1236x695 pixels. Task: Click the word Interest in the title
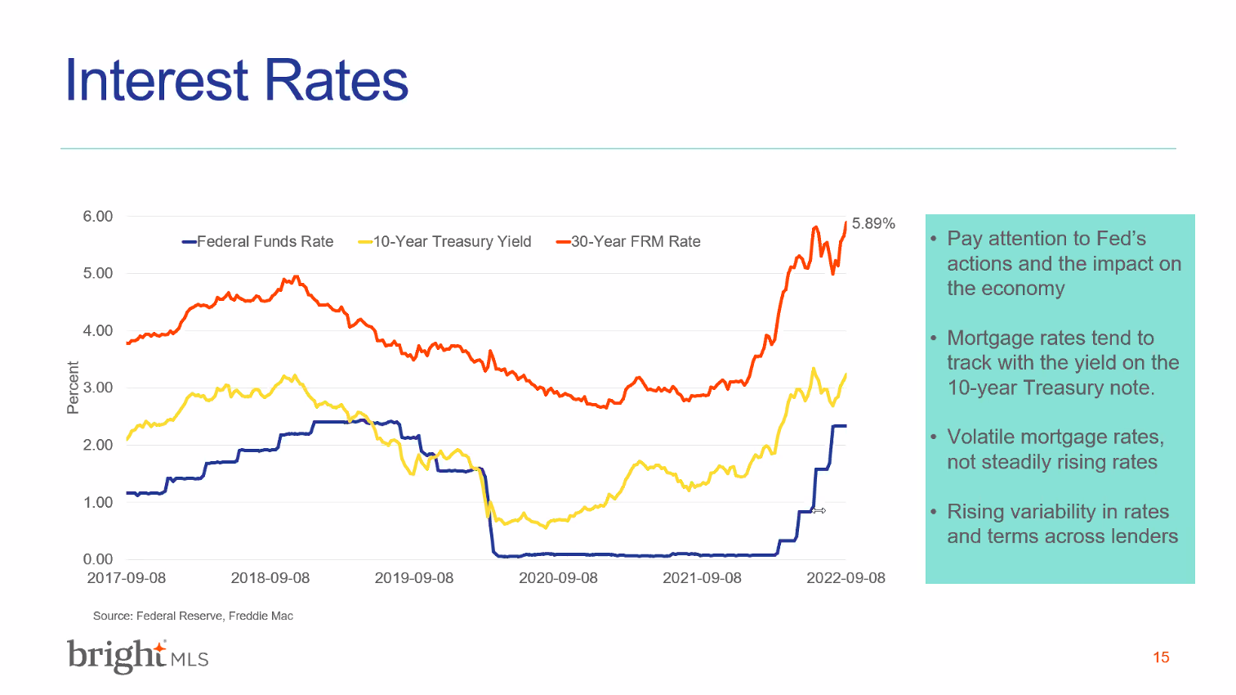point(156,80)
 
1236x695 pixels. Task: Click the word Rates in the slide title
point(336,80)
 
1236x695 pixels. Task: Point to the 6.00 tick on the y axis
point(98,216)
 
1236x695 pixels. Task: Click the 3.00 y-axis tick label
point(98,388)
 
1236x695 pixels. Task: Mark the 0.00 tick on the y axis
point(98,559)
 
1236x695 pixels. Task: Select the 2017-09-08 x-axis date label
point(127,578)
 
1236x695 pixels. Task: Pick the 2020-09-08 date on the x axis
point(558,578)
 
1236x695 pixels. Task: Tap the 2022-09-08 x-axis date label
point(846,578)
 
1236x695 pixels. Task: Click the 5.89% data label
point(873,223)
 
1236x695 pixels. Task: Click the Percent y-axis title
point(73,388)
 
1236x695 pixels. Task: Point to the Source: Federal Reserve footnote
point(193,616)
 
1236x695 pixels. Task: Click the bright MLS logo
point(137,656)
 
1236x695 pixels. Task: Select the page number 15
point(1161,657)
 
